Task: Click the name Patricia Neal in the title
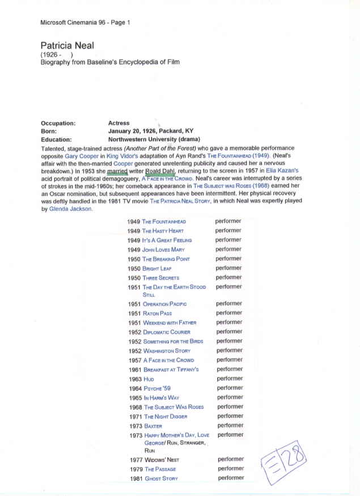tap(67, 45)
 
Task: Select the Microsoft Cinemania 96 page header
tap(85, 23)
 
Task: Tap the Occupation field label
tap(58, 123)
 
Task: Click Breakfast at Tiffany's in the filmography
tap(171, 370)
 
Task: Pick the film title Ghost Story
tap(162, 478)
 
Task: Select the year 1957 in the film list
tap(134, 360)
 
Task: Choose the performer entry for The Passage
tap(231, 469)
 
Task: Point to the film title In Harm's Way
tap(162, 397)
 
